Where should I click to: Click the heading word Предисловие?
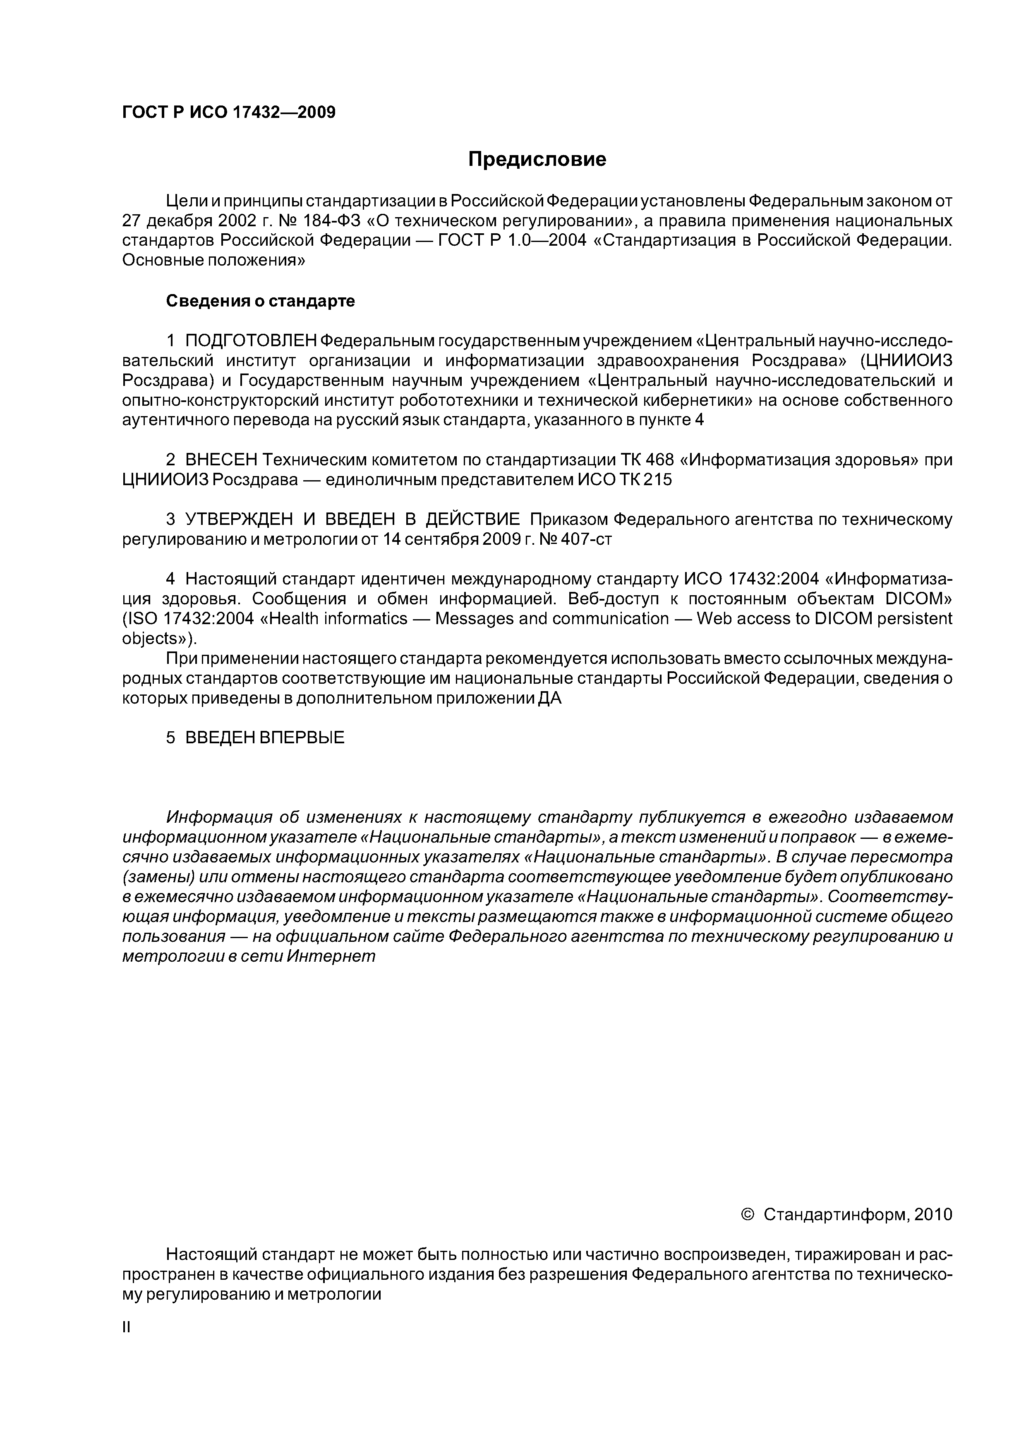[537, 159]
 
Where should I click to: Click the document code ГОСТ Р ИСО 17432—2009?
[228, 113]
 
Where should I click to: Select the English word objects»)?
[160, 638]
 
